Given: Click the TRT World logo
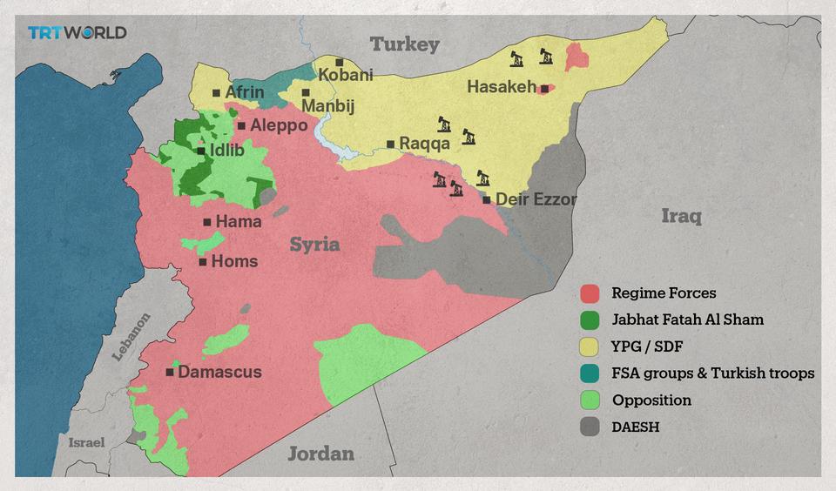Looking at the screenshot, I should pos(77,33).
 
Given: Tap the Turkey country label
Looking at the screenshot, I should pos(405,44).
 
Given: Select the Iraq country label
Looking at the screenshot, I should pos(681,216).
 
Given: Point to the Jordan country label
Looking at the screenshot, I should pos(321,454).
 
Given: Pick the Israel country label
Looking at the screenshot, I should pos(87,442).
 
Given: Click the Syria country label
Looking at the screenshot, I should pos(314,245).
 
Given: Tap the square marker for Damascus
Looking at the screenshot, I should pos(170,372).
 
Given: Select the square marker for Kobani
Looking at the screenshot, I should pos(340,63).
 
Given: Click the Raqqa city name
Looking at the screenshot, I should pos(424,145).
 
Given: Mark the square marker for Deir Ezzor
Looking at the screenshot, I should pos(487,200).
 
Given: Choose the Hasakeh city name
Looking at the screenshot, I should pos(502,87).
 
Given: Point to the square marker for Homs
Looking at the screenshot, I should pos(203,261).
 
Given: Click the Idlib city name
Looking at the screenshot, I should pos(226,151).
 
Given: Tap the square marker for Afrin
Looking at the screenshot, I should pos(216,93).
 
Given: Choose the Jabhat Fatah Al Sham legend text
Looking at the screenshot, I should pos(687,319).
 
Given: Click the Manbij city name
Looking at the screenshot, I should pos(329,106).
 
